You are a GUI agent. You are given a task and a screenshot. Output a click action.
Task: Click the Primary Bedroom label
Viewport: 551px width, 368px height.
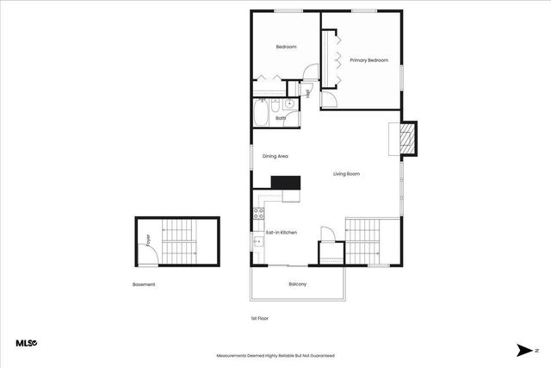(368, 60)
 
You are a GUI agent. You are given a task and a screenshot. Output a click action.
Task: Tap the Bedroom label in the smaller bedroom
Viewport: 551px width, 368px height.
(286, 47)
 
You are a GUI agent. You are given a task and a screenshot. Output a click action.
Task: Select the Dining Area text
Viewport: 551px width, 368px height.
(275, 156)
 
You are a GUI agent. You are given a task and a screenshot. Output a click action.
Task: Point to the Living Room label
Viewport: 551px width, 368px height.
(346, 174)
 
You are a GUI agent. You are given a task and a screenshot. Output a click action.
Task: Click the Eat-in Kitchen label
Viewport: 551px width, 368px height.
(281, 233)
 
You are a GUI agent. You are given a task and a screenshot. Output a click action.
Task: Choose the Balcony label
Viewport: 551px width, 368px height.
(297, 284)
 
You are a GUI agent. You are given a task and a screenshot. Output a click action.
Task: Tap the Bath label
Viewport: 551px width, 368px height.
(280, 117)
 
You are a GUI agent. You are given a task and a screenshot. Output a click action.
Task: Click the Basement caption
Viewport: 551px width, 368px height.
(144, 284)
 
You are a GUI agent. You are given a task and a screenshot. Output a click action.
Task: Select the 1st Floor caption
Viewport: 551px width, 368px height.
(259, 318)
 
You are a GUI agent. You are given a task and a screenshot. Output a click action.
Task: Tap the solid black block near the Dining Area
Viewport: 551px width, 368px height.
(285, 182)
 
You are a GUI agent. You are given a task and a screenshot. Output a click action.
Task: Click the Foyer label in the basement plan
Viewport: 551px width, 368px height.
(147, 241)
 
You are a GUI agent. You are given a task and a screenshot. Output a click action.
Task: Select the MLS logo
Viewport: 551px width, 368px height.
(26, 343)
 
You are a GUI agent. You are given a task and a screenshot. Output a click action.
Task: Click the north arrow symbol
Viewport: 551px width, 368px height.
(523, 350)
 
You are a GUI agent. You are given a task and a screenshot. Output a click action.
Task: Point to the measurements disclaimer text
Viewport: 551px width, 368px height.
(275, 355)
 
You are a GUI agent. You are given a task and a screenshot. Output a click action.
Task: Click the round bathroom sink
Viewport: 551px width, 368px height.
(290, 105)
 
